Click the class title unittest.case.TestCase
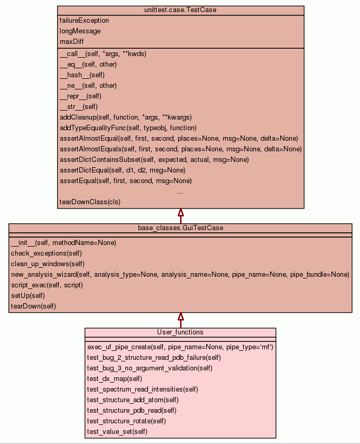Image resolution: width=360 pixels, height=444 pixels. coord(180,10)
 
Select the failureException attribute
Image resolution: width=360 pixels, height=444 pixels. coord(84,21)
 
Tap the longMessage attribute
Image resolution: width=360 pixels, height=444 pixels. coord(80,31)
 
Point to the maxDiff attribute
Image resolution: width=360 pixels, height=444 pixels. coord(72,42)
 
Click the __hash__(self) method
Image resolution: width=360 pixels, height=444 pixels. coord(82,75)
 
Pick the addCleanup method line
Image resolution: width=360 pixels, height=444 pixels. coord(125,117)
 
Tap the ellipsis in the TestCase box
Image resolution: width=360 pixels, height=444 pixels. coord(180,192)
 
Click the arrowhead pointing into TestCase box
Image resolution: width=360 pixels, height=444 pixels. coord(180,213)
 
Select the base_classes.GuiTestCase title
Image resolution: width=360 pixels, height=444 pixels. coord(180,228)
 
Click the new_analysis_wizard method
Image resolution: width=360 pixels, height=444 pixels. coord(180,275)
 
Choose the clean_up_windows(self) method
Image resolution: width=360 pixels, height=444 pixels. coord(47,264)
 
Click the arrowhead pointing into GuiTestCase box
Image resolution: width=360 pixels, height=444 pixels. coord(180,316)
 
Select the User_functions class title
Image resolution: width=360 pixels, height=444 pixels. coord(180,332)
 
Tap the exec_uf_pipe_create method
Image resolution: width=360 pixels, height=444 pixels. coord(180,347)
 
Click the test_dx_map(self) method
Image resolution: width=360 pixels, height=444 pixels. coord(114,379)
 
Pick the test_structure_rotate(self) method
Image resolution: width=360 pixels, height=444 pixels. coord(126,421)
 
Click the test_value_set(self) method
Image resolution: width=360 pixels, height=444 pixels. coord(117,432)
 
